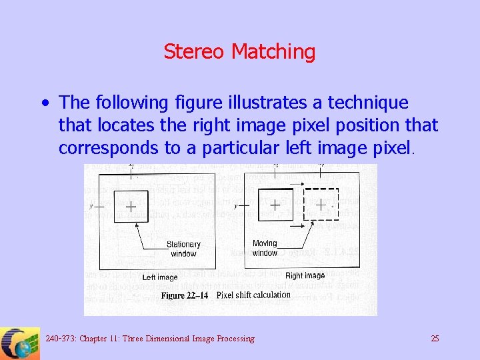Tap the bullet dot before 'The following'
44,103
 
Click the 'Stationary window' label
183,249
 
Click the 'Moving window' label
265,248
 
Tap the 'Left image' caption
160,277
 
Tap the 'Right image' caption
305,275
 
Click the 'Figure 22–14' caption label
186,295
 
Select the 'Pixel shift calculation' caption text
253,295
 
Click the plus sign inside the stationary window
131,207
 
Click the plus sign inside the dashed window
321,205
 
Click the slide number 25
435,339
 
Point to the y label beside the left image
91,206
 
